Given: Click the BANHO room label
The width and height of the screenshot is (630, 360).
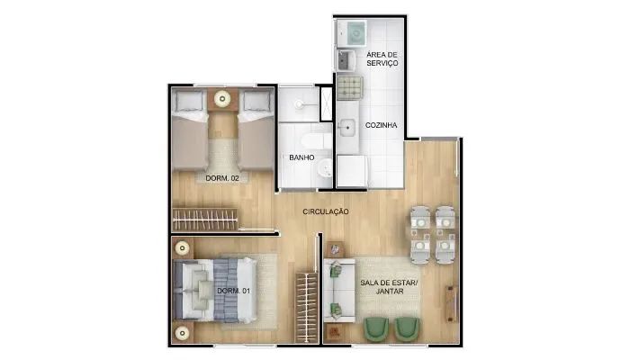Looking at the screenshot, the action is click(x=301, y=157).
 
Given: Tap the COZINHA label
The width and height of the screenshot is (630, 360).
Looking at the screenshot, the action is click(x=381, y=125).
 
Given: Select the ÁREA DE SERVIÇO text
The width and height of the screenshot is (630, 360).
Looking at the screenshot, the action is click(x=382, y=59).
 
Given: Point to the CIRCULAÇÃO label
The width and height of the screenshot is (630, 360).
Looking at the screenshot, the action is click(x=326, y=211).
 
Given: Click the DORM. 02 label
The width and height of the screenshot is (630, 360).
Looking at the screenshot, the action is click(x=222, y=178).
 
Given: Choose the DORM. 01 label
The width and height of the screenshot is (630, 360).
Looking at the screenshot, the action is click(x=233, y=291).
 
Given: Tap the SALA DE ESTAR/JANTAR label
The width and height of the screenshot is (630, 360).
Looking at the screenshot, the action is click(x=389, y=287).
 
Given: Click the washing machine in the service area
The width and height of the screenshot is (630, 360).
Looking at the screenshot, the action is click(x=353, y=34).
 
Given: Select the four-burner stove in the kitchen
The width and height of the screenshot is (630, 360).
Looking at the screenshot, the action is click(x=350, y=87).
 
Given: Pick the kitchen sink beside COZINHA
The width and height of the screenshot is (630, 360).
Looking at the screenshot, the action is click(x=346, y=128).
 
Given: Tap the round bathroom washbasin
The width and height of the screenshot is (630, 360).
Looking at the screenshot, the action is click(x=325, y=168).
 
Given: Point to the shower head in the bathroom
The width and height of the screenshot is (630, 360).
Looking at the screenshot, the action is click(x=299, y=104).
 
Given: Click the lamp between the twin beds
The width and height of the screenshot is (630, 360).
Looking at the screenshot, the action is click(x=222, y=99).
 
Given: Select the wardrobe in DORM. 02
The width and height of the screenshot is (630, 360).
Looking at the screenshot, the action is click(x=205, y=220).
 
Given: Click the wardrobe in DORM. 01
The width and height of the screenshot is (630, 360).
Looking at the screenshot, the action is click(x=307, y=308).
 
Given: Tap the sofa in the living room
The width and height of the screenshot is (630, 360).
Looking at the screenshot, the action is click(x=339, y=291).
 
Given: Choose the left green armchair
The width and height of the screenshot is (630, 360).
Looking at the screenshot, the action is click(x=376, y=328).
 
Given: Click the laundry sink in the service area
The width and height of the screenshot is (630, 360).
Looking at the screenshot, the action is click(x=346, y=60).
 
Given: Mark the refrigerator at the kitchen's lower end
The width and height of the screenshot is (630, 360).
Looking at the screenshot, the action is click(x=352, y=171).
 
